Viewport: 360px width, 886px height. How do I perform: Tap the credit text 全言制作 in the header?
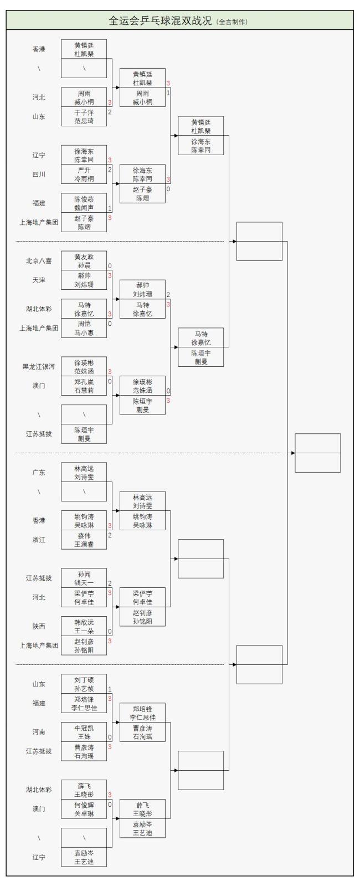(232, 22)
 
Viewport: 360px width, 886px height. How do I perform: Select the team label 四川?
(39, 175)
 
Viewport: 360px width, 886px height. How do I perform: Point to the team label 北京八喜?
(39, 261)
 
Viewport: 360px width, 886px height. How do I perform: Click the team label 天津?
(39, 280)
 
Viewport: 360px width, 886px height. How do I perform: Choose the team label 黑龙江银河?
(39, 367)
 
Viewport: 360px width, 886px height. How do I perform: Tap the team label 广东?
(39, 473)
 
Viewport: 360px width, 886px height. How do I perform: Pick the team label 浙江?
(39, 540)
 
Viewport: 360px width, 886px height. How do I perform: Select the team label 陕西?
(39, 626)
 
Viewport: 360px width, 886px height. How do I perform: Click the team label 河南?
(39, 732)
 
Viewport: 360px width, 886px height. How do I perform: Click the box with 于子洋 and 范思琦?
(84, 117)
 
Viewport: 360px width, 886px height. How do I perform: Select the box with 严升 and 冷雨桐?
(84, 175)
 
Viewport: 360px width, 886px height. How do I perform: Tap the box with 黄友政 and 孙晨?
(84, 261)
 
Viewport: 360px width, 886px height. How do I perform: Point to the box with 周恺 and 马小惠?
(84, 328)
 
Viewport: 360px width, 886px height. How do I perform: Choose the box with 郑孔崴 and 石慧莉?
(84, 386)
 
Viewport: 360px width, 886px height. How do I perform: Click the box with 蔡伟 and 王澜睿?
(84, 540)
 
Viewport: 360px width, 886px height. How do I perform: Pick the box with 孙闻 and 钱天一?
(84, 578)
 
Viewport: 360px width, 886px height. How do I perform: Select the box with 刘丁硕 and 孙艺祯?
(84, 684)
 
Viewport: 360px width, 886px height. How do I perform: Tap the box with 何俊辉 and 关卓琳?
(84, 809)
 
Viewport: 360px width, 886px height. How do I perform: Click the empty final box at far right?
(317, 453)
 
